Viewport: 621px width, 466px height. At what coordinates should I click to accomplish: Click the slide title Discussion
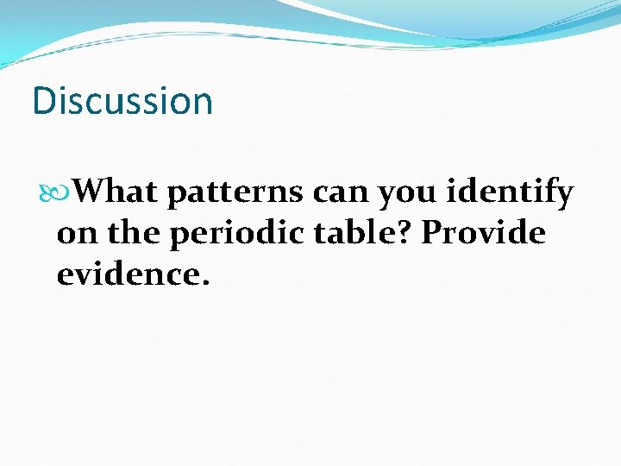(122, 101)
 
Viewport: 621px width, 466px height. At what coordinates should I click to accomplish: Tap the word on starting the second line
(74, 234)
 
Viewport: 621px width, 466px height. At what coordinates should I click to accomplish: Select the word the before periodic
(129, 233)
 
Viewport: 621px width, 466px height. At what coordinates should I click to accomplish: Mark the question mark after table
(411, 233)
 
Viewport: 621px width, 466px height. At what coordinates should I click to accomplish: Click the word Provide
(484, 233)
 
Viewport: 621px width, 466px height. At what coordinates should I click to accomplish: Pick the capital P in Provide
(433, 233)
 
